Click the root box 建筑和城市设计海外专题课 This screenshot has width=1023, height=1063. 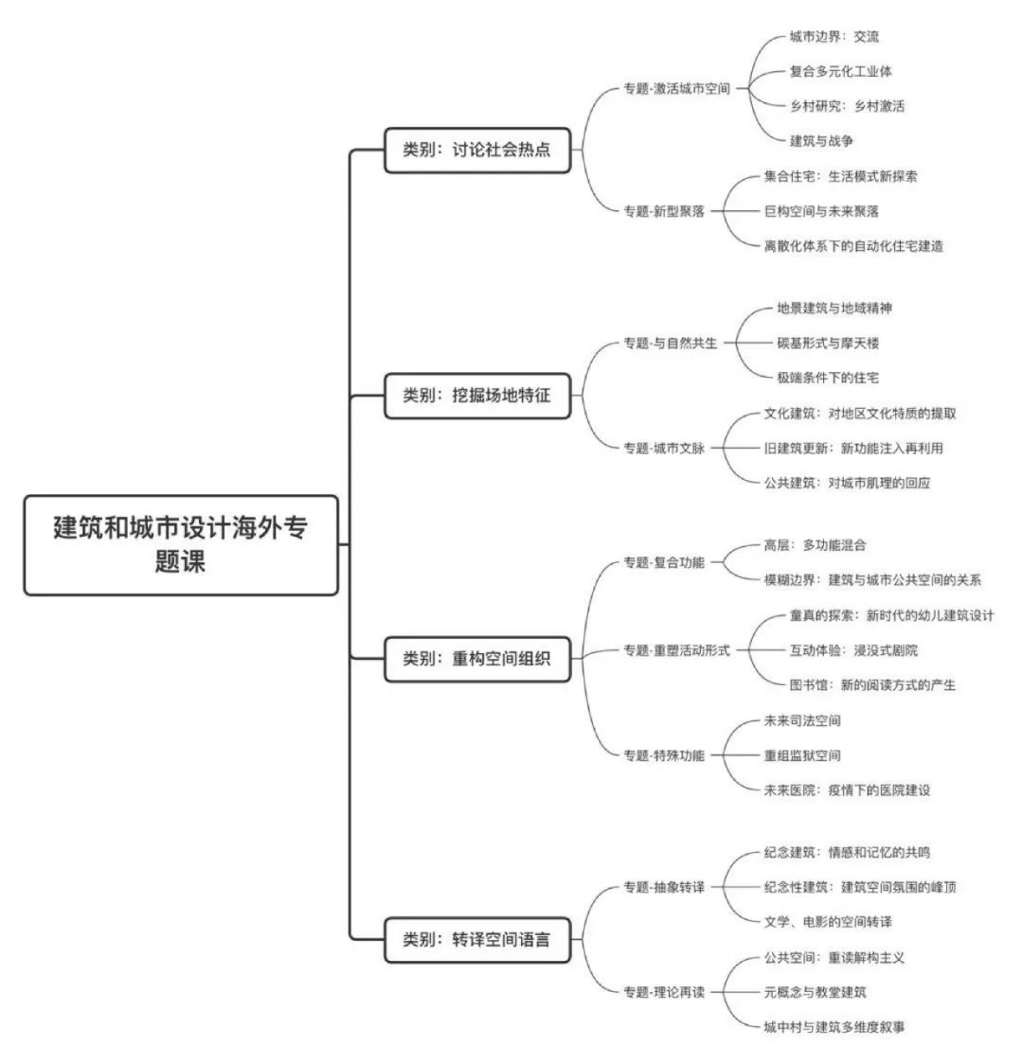click(x=181, y=545)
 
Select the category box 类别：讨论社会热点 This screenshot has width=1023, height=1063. click(x=477, y=150)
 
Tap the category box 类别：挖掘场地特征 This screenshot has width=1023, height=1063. click(x=477, y=396)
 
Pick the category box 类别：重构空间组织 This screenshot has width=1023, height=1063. click(x=477, y=658)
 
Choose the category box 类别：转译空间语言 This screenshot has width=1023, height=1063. click(x=477, y=940)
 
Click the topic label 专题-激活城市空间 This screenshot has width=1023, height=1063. click(x=677, y=88)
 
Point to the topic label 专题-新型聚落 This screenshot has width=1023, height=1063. click(x=664, y=211)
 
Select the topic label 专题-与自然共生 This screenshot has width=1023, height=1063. click(x=671, y=343)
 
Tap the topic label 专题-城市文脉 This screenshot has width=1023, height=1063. click(x=664, y=448)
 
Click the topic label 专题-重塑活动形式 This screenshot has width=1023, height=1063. click(x=677, y=650)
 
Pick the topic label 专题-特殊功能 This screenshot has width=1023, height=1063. click(x=664, y=755)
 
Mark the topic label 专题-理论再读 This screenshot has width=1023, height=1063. click(x=664, y=993)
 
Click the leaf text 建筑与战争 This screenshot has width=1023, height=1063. click(x=821, y=141)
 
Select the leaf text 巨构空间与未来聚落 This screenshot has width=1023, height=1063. click(x=821, y=211)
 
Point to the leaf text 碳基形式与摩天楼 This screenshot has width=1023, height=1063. click(x=828, y=343)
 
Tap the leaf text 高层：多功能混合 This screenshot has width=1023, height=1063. click(x=816, y=545)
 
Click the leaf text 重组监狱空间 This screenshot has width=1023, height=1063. click(x=802, y=755)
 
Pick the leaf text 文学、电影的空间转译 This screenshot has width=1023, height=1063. click(x=828, y=922)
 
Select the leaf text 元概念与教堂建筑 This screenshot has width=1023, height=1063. click(x=816, y=993)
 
